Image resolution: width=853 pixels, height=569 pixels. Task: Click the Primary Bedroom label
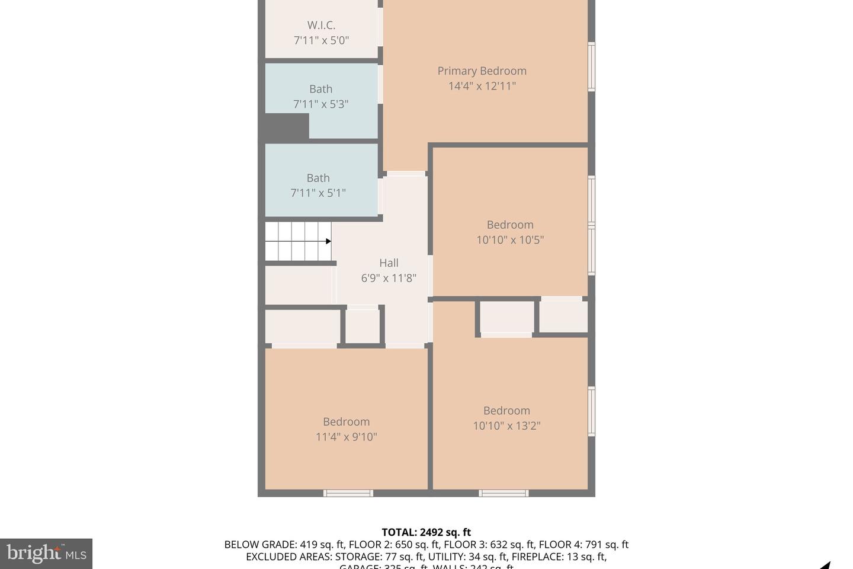(482, 71)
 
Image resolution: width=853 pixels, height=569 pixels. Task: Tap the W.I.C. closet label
(321, 25)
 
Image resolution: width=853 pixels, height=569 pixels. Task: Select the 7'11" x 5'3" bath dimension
(320, 104)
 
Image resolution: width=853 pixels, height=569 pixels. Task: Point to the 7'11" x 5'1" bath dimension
(318, 193)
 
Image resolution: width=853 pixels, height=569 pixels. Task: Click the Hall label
(389, 263)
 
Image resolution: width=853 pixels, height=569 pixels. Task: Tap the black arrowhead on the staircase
(328, 241)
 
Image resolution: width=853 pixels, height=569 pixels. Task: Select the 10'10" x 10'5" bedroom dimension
(510, 240)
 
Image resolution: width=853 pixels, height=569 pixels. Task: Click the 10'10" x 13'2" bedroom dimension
(506, 426)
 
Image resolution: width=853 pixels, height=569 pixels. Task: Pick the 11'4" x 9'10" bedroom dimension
(347, 437)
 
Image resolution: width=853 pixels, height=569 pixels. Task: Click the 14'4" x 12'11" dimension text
(482, 86)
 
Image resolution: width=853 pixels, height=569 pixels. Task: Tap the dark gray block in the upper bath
(287, 126)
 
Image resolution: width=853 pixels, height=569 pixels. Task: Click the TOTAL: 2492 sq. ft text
(426, 532)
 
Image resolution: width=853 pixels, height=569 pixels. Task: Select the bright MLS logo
(46, 554)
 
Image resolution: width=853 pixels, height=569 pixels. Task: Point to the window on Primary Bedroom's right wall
(591, 66)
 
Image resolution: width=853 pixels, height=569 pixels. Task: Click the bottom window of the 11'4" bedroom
(348, 493)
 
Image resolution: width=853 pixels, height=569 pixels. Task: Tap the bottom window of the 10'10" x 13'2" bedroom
(504, 493)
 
